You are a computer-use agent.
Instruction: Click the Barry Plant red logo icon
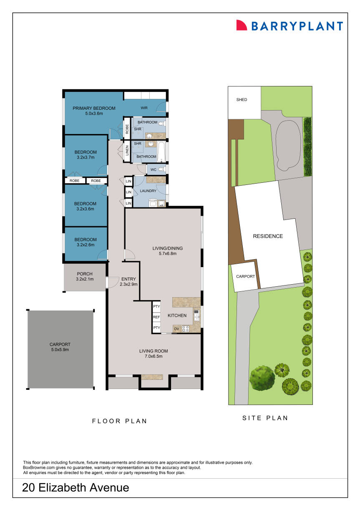242,25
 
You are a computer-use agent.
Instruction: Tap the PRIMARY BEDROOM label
94,109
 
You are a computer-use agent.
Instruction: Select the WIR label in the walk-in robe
144,108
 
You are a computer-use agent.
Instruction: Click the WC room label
153,169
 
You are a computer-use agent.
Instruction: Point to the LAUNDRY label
148,191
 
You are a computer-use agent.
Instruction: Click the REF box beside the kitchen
156,317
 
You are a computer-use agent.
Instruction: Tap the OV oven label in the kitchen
176,329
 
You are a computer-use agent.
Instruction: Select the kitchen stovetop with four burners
185,329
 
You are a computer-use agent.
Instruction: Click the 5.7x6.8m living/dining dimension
167,253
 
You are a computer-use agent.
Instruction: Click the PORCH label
85,274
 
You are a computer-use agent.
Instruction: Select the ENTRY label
127,279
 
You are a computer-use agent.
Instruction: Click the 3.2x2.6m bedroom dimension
85,245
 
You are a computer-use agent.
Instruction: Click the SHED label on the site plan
242,100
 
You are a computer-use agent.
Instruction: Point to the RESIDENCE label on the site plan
268,236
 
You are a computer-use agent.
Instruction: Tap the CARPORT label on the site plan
245,276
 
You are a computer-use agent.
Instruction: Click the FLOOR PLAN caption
119,421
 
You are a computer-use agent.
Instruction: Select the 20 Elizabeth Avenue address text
76,487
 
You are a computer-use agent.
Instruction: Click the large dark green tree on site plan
262,377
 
